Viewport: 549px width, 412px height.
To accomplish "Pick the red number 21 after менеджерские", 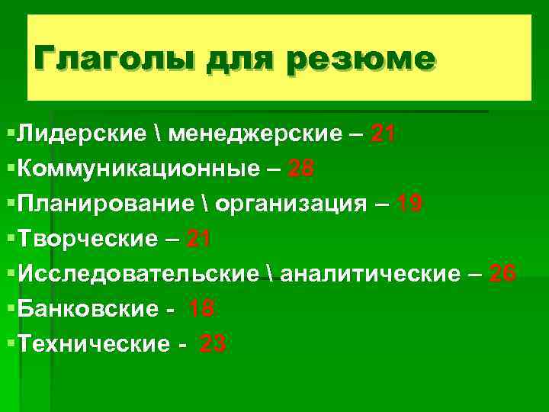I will click(382, 135).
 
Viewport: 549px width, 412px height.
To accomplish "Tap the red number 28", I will click(300, 169).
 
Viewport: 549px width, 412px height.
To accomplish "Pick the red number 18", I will click(201, 309).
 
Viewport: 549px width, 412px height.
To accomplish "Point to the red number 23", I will click(213, 344).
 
